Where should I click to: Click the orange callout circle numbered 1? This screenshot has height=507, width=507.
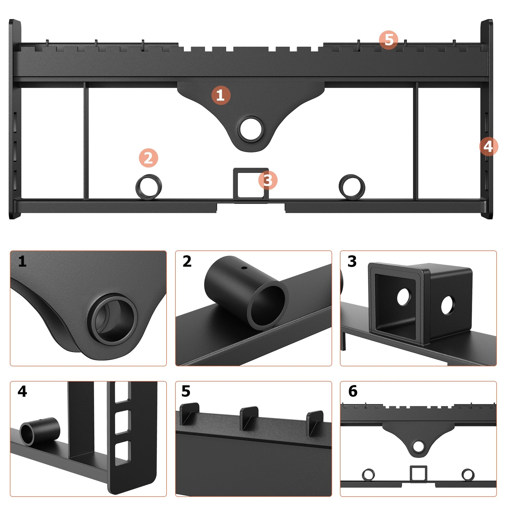point(221,95)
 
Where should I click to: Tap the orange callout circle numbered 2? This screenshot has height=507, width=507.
point(149,158)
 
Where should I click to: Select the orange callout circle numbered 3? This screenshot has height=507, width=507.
point(268,180)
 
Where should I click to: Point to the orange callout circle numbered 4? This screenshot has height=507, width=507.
point(488,146)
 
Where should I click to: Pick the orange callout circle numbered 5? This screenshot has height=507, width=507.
point(389,40)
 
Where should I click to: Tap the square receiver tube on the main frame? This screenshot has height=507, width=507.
point(251,186)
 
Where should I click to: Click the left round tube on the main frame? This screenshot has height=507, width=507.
point(149,187)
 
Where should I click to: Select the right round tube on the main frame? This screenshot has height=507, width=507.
point(352,187)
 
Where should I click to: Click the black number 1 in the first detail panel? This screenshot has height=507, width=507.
point(22,262)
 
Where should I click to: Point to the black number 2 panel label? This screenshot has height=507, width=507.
point(187,261)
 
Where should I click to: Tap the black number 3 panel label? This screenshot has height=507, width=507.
point(352,261)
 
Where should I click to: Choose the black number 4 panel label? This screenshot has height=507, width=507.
point(22,392)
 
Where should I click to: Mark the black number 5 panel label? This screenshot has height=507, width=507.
point(186,392)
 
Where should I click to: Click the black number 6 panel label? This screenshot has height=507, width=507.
point(353,391)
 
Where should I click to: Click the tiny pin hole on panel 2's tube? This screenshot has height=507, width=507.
point(244,268)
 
